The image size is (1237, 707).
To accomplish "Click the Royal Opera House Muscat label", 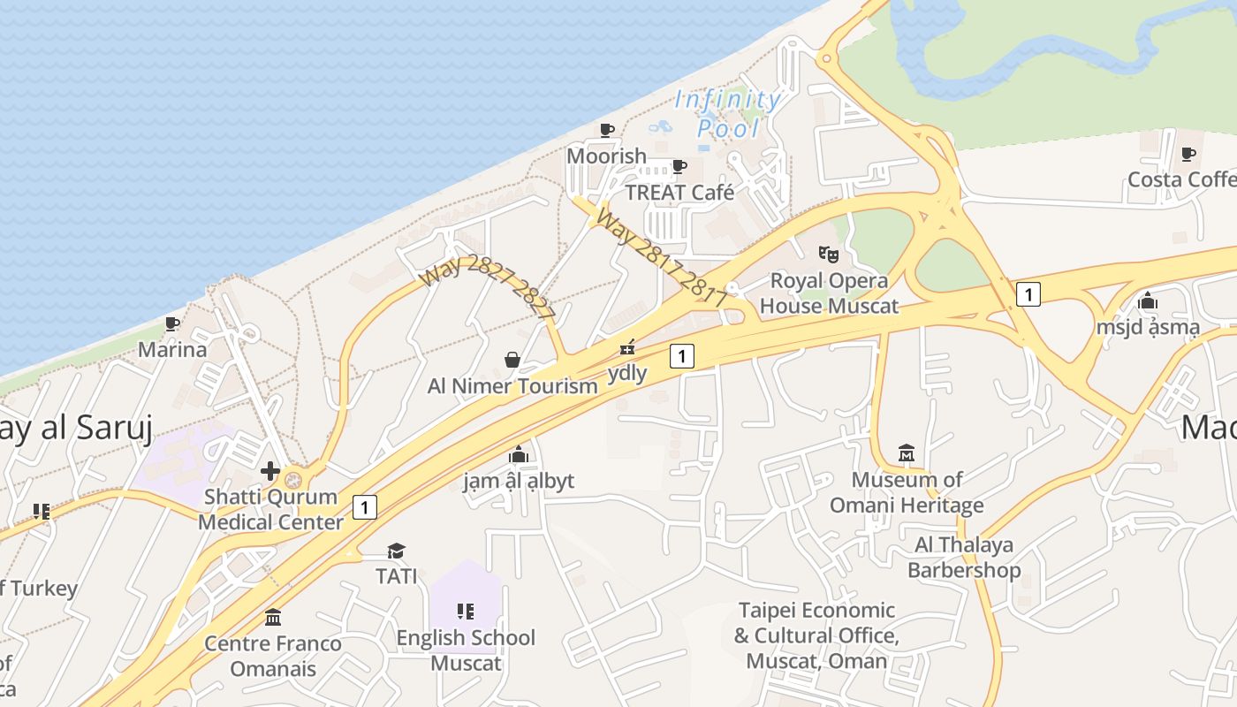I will [x=829, y=293].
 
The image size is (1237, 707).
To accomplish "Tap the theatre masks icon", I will [x=828, y=255].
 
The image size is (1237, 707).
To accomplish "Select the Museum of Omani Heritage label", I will [x=907, y=493].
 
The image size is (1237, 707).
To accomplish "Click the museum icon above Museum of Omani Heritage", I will [x=907, y=453].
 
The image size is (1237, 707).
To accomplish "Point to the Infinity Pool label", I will [x=728, y=113].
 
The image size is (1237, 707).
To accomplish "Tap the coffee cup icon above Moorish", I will [x=607, y=131].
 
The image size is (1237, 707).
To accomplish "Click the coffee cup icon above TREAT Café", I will [x=679, y=166].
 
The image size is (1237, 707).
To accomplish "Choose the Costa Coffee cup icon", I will [x=1188, y=155].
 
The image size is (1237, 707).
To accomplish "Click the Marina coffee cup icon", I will [x=172, y=324].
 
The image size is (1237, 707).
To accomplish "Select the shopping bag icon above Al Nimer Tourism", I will [x=512, y=360].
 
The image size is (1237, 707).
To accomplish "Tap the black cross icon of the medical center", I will [x=270, y=471].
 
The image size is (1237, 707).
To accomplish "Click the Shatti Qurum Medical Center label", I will [x=270, y=509].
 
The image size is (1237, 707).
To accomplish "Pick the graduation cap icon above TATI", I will [x=396, y=551].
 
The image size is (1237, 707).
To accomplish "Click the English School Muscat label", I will [x=466, y=650].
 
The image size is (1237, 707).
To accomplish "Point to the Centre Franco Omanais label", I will [x=273, y=655].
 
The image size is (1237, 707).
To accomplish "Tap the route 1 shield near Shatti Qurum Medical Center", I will [x=364, y=507].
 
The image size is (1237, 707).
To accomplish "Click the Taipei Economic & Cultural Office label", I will [x=816, y=635].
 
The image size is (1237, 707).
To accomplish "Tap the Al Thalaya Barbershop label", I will [x=964, y=557].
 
